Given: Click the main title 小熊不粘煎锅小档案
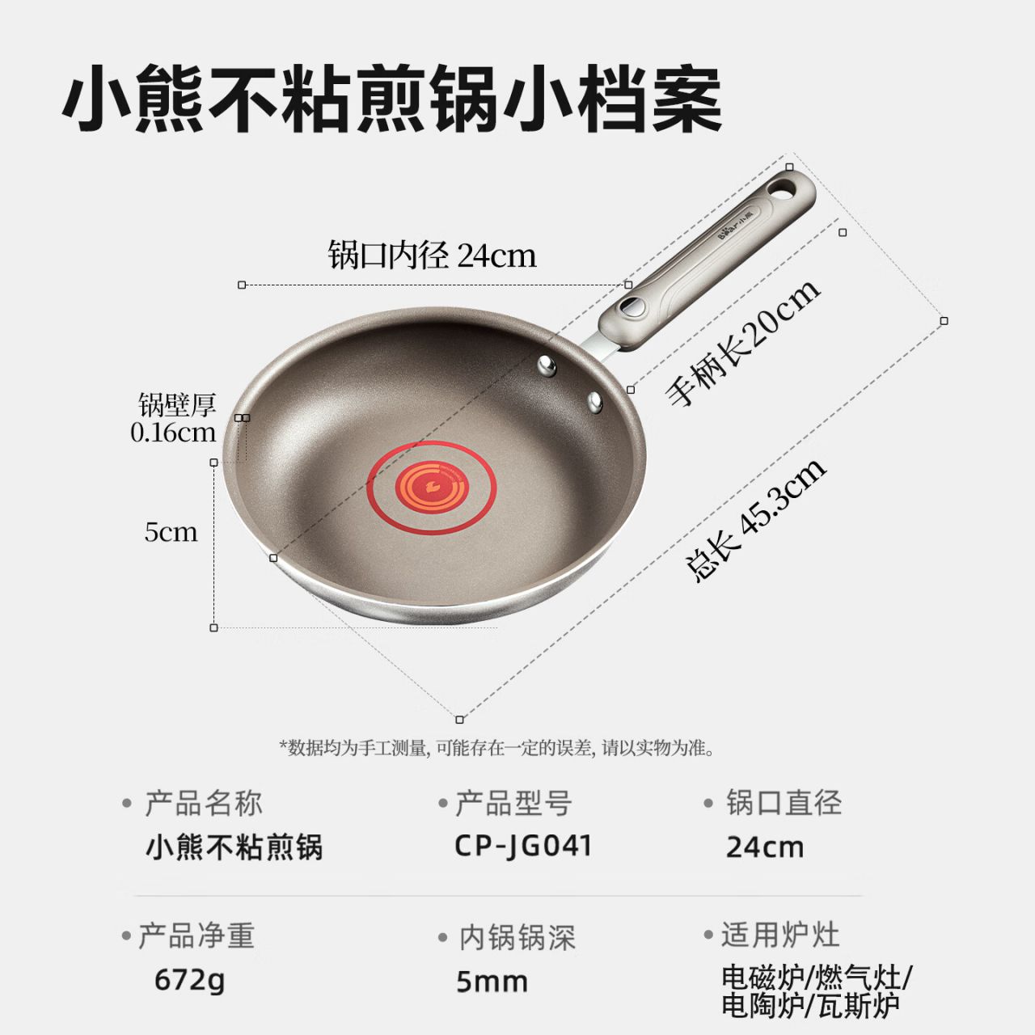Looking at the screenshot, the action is (x=392, y=99).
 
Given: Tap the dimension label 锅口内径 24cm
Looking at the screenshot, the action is (x=433, y=256).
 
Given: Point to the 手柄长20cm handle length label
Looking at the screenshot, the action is (x=743, y=343).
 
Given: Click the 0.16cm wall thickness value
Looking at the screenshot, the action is (x=173, y=433).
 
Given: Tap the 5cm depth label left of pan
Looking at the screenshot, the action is (x=171, y=532).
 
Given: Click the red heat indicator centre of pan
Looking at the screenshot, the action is (x=431, y=488).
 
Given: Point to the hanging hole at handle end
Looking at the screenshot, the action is (x=783, y=188).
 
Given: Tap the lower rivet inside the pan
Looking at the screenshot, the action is (x=594, y=402).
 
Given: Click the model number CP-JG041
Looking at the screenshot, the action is (x=523, y=847).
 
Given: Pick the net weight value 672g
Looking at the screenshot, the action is (x=189, y=980).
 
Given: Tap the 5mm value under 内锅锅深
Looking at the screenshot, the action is (x=492, y=982).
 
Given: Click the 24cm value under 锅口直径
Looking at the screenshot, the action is (x=765, y=848).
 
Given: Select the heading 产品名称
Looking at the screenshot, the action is (x=204, y=804).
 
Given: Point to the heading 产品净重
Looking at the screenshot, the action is (x=196, y=936).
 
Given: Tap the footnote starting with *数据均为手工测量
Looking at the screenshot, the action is (x=496, y=748).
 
